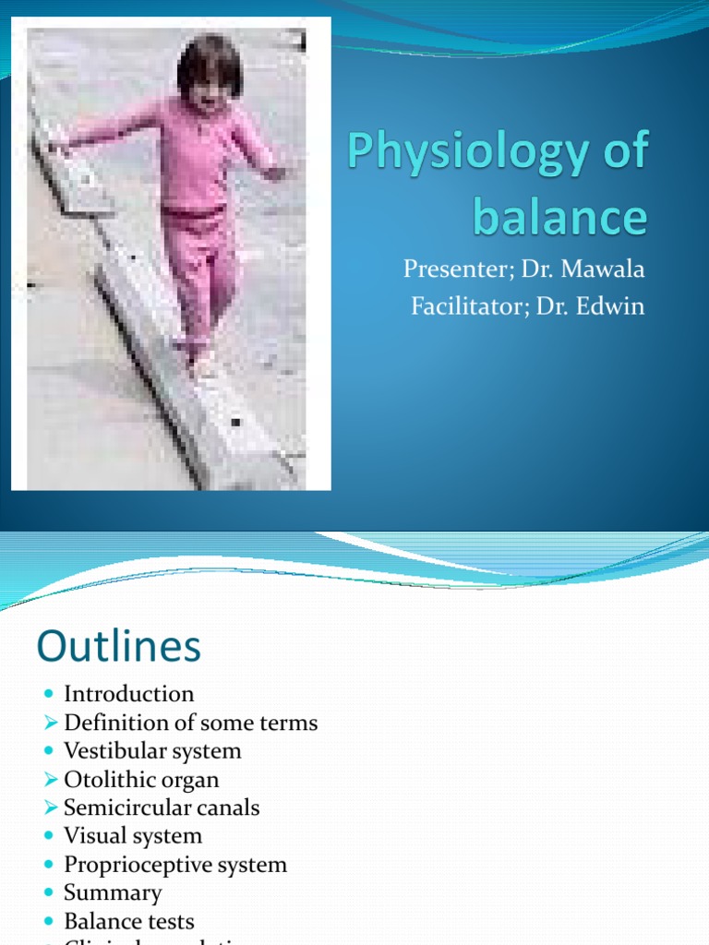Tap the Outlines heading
pyautogui.click(x=119, y=647)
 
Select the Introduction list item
pyautogui.click(x=129, y=693)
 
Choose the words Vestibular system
pyautogui.click(x=152, y=750)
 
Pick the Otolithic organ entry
pyautogui.click(x=141, y=779)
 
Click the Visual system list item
pyautogui.click(x=132, y=836)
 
